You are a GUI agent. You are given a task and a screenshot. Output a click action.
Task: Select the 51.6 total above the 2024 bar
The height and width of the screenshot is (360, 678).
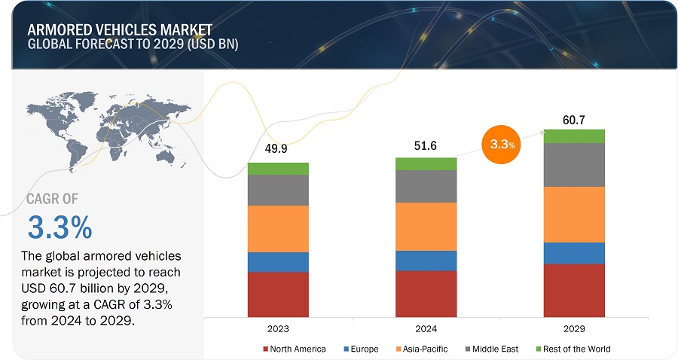[x=426, y=143]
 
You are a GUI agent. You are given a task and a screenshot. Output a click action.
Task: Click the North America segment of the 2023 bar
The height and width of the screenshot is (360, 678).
[x=278, y=294]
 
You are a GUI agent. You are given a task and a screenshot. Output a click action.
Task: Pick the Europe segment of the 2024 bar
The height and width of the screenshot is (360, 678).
[x=426, y=261]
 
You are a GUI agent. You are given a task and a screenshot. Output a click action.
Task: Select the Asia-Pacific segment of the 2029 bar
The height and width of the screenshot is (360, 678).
[x=575, y=215]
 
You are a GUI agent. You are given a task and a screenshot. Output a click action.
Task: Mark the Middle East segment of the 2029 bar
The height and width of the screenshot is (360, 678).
[x=575, y=165]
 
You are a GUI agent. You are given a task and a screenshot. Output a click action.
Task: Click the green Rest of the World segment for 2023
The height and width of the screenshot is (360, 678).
[x=278, y=169]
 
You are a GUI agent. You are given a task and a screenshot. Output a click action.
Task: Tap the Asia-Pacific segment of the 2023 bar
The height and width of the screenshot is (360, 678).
[x=278, y=229]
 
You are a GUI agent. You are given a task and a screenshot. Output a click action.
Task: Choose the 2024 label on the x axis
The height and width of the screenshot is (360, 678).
[x=426, y=329]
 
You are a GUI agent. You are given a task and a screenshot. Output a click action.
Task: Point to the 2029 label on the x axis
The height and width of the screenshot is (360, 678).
[x=575, y=329]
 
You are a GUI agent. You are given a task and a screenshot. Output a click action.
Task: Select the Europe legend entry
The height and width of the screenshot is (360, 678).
[x=362, y=349]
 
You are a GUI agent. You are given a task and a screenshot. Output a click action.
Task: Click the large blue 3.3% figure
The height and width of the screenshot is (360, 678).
[x=60, y=227]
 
